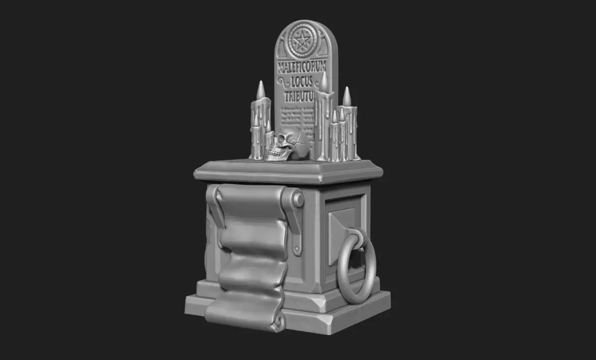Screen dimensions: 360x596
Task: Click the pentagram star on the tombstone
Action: pyautogui.click(x=300, y=38)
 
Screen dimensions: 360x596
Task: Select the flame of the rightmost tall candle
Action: pyautogui.click(x=347, y=96)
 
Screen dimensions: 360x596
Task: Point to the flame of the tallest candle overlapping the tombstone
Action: pyautogui.click(x=323, y=82)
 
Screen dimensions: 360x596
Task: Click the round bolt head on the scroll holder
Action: pyautogui.click(x=298, y=200)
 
